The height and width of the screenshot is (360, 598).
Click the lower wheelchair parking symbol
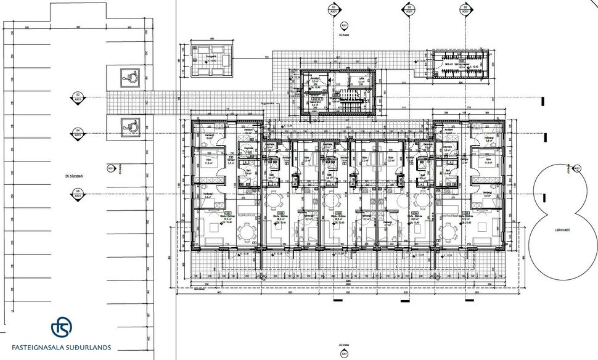pos(131,125)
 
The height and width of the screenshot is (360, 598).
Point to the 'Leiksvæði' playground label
pos(560,229)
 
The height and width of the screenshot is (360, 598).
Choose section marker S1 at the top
pos(334,10)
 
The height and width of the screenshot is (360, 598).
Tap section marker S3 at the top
pos(409,10)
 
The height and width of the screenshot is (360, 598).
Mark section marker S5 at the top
pos(465,10)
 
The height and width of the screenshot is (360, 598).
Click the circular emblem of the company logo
pos(62,326)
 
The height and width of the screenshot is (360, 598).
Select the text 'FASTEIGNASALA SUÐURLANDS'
pos(62,347)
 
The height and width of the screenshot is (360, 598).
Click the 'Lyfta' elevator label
pos(361,79)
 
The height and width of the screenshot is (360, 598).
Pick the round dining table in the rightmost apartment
pos(448,232)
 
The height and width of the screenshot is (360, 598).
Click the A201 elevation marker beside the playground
pos(577,168)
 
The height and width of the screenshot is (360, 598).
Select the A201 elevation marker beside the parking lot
pos(111,168)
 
